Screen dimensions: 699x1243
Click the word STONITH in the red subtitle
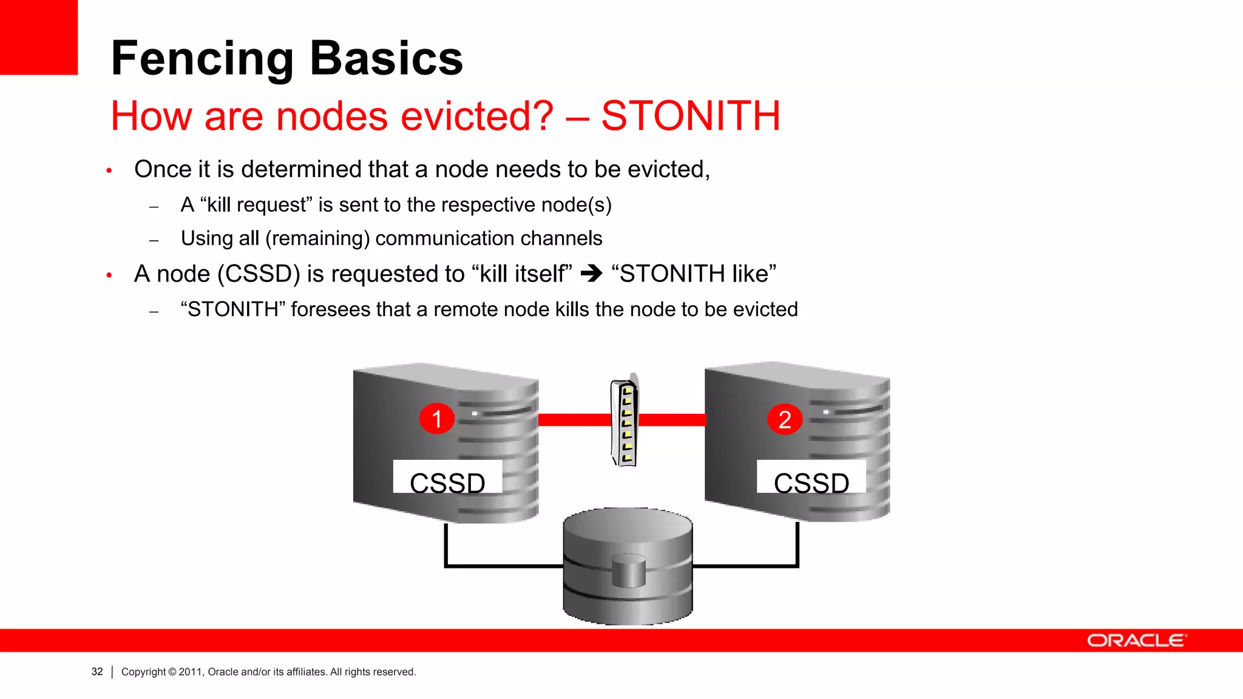click(691, 116)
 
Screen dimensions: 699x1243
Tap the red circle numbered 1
click(436, 419)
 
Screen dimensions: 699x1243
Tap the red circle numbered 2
click(785, 419)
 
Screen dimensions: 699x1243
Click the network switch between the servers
click(625, 422)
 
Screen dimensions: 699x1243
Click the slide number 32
click(97, 672)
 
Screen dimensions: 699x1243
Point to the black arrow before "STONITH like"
click(591, 274)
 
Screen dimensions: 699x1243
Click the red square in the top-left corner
click(38, 37)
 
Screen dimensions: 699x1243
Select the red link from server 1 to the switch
click(574, 420)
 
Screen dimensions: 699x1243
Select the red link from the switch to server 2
click(672, 420)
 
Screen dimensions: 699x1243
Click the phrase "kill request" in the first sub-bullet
click(256, 205)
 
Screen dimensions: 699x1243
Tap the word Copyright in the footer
click(143, 672)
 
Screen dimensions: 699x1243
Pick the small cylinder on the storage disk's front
click(628, 572)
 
